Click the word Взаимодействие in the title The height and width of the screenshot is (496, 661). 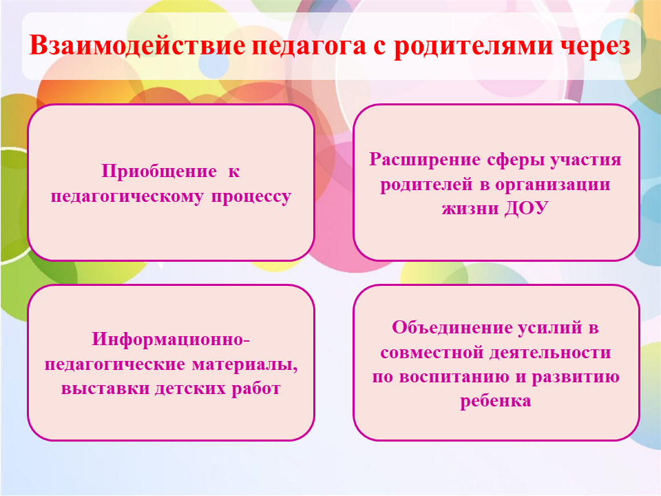136,45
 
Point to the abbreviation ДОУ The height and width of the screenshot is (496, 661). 527,208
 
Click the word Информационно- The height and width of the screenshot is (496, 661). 171,339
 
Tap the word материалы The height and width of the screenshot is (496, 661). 245,364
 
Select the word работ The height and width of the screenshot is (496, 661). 256,389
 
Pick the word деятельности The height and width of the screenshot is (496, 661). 550,353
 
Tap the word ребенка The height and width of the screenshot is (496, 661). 495,401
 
